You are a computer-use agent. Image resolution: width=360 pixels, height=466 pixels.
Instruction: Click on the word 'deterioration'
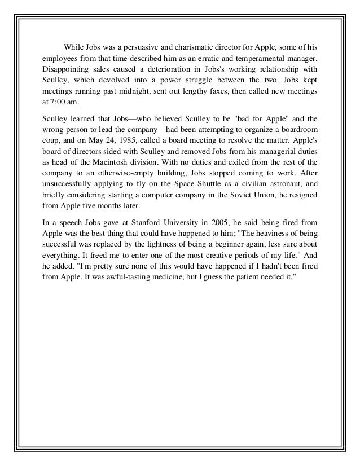(157, 69)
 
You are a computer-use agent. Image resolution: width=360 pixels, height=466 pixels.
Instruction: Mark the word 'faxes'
(212, 93)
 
